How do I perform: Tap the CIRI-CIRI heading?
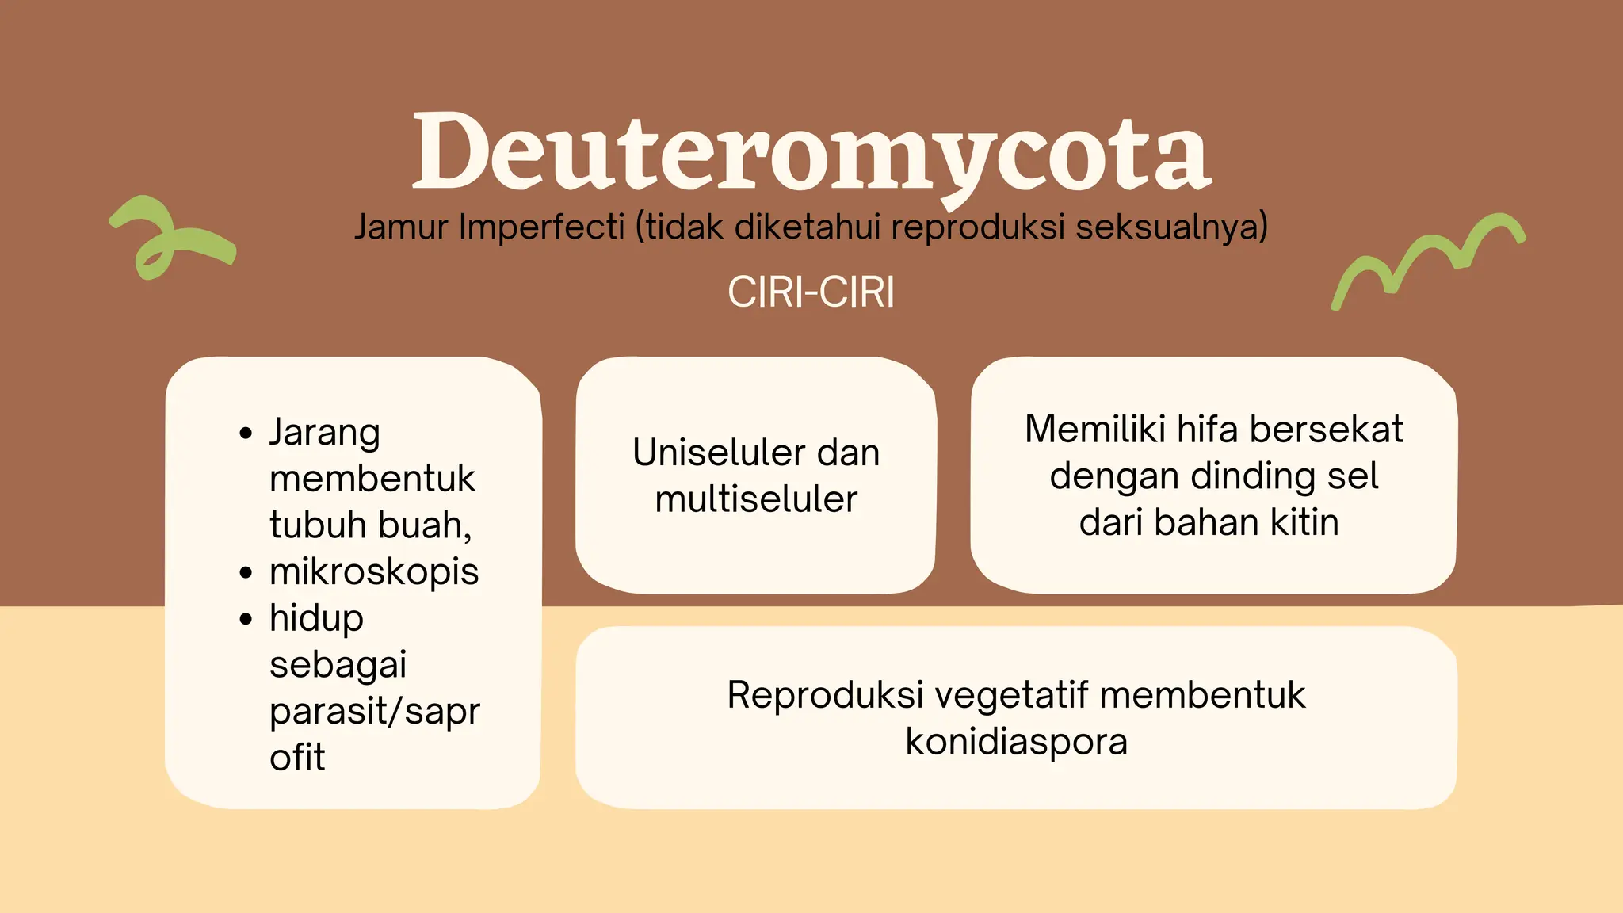[811, 292]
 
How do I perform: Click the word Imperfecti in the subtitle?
[542, 227]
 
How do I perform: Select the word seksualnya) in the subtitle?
[1171, 227]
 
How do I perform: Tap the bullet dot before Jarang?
[246, 434]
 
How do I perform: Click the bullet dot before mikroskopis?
[246, 572]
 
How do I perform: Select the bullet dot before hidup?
[246, 619]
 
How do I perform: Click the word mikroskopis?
[374, 572]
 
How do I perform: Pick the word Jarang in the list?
[325, 434]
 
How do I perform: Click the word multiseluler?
[756, 500]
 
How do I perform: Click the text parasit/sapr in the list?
[374, 712]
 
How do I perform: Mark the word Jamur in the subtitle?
[401, 227]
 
